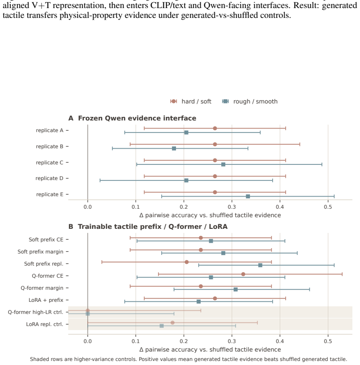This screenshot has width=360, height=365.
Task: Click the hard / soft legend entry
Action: tap(191, 102)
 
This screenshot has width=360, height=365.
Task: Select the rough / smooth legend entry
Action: tap(250, 102)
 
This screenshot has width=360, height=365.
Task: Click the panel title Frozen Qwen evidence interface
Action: tap(137, 118)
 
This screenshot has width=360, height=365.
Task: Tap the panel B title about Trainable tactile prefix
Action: tap(153, 227)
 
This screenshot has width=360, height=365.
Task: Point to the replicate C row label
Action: tap(50, 163)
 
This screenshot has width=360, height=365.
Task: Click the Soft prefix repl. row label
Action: tap(44, 264)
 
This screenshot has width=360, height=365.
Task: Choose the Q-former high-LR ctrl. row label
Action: tap(36, 312)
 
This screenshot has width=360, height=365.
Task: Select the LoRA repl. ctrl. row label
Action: tap(45, 324)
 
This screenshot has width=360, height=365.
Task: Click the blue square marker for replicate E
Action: tap(248, 197)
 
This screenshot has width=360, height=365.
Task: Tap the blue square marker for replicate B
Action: tap(174, 149)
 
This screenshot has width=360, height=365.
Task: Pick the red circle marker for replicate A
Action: tap(215, 129)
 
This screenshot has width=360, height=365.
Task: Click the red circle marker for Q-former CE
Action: tap(243, 274)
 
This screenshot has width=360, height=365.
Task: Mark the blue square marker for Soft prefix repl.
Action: tap(260, 266)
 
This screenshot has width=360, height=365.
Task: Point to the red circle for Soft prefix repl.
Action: tap(187, 262)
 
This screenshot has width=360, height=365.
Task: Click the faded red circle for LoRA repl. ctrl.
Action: tap(172, 322)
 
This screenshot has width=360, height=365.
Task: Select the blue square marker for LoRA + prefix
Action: tap(198, 302)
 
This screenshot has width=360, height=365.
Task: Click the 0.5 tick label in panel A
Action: tap(328, 207)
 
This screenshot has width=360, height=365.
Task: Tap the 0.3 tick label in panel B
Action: tap(232, 341)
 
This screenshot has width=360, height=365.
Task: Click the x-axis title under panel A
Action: tap(210, 215)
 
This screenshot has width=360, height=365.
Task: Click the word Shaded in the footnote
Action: tap(38, 360)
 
